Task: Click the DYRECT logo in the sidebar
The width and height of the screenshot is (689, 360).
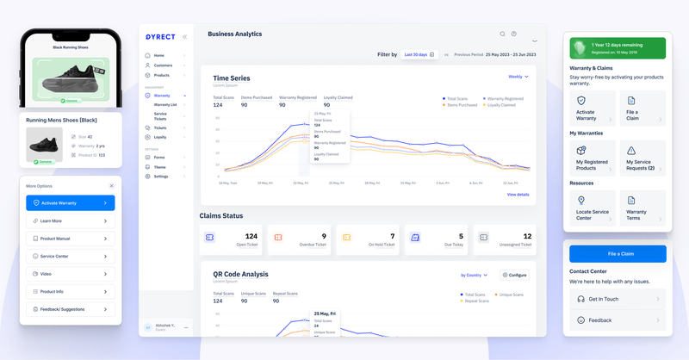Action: [x=159, y=36]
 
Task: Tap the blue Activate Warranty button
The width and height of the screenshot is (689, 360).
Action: [x=70, y=203]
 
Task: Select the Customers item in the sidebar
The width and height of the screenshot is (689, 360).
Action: [x=164, y=65]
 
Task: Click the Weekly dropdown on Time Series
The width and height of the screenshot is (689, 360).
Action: [x=518, y=77]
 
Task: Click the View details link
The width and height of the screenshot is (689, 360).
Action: [x=518, y=195]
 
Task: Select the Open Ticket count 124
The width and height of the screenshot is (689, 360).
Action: [x=251, y=235]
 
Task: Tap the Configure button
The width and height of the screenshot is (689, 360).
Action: [x=514, y=275]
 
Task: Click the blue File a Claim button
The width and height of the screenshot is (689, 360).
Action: [x=618, y=253]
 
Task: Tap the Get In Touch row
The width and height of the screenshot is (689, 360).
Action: [x=618, y=299]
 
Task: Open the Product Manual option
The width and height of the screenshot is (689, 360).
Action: [x=70, y=239]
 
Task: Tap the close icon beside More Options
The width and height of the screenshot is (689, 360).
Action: [x=111, y=185]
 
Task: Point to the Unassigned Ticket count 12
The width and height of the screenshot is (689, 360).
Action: [x=527, y=235]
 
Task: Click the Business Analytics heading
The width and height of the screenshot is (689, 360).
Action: [x=234, y=34]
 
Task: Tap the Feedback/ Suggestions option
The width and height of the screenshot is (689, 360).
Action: [x=70, y=307]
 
